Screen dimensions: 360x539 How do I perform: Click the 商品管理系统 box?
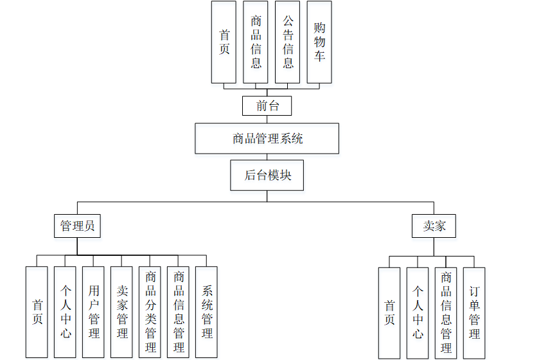[267, 138]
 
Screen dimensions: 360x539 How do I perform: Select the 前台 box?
[267, 105]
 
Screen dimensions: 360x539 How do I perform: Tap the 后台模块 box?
[267, 175]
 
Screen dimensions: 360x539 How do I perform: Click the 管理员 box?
[77, 226]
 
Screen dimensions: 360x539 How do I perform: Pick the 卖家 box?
[434, 226]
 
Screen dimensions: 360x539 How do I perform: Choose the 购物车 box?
[319, 42]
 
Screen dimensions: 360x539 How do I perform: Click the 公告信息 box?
[288, 42]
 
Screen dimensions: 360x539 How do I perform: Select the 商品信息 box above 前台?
[256, 42]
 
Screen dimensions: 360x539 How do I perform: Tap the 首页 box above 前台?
[224, 42]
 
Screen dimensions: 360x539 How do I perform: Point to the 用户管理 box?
[94, 312]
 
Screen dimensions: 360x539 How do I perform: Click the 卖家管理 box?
[122, 312]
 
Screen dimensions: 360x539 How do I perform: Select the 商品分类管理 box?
[150, 312]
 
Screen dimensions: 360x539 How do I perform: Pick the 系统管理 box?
[207, 312]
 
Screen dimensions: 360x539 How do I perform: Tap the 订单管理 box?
[474, 312]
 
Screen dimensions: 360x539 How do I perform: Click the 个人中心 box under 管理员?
[66, 312]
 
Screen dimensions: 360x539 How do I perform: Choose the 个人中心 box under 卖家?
[418, 312]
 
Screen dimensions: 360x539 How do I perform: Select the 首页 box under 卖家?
[389, 312]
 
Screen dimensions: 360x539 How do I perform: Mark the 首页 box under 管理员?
[37, 312]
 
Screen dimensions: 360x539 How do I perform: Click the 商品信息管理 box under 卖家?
[446, 312]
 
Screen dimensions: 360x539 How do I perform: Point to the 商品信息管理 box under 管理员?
[179, 312]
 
